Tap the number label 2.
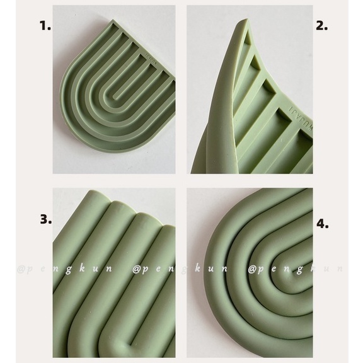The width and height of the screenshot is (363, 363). coord(323,26)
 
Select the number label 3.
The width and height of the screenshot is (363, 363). coord(45,220)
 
